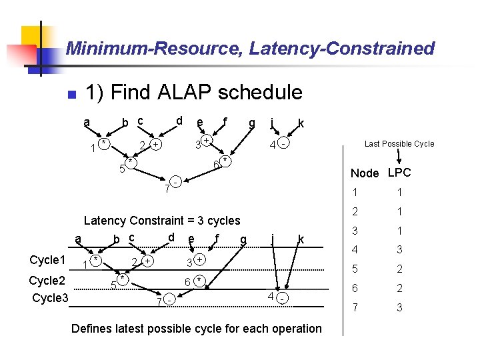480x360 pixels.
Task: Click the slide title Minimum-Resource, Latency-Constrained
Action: coord(250,49)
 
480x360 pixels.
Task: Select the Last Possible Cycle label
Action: coord(399,144)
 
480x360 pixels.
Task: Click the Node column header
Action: coord(364,173)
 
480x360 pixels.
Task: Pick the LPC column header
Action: coord(399,173)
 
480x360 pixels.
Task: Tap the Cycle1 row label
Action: coord(48,259)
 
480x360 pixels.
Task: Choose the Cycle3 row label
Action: coord(50,297)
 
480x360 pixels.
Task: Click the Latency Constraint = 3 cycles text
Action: coord(162,221)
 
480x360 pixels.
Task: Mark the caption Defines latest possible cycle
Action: coord(196,329)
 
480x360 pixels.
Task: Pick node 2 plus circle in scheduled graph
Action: coord(148,260)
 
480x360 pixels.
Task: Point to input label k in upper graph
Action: coord(302,123)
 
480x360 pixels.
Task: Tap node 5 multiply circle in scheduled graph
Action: coord(124,280)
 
